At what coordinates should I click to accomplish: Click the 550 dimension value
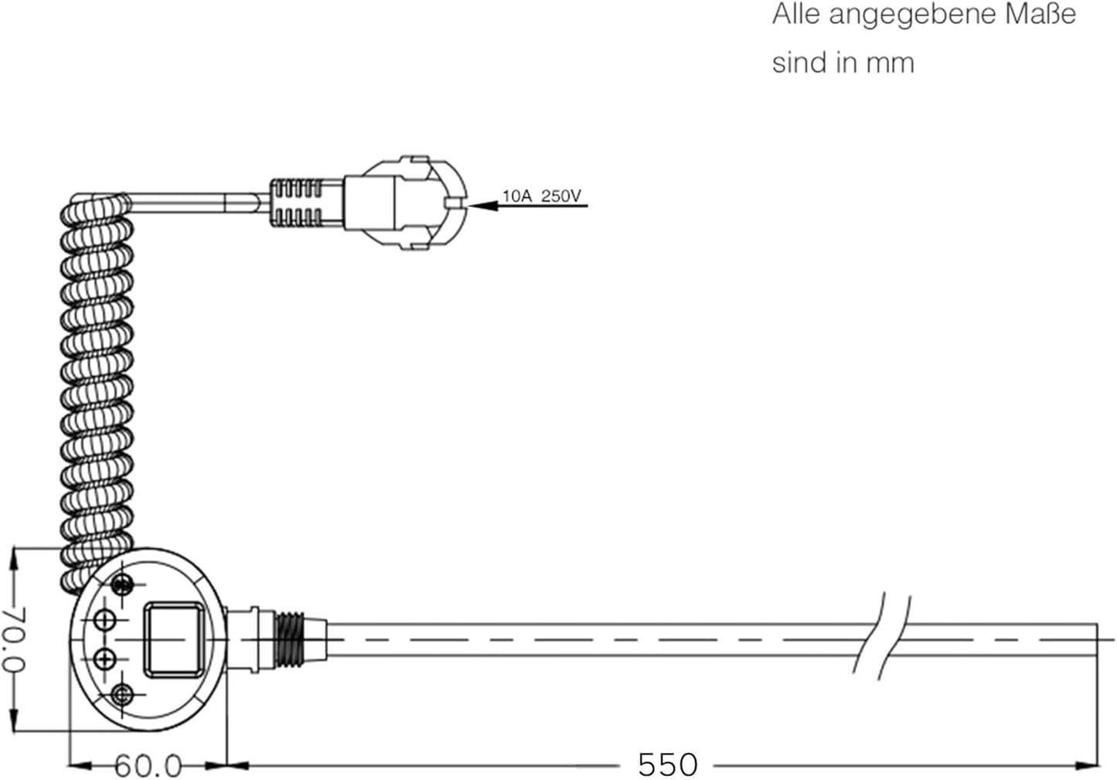coord(668,765)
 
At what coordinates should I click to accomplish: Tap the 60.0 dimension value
coord(148,766)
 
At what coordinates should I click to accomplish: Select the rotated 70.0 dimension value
coord(14,639)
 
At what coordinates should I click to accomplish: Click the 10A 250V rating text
coord(542,196)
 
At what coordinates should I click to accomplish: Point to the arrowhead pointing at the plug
coord(483,206)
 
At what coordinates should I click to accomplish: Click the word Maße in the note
coord(1040,15)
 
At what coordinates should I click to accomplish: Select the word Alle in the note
coord(796,15)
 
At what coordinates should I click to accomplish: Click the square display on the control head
coord(174,640)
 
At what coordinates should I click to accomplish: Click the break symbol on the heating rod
coord(882,637)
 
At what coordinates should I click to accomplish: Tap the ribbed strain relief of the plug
coord(296,203)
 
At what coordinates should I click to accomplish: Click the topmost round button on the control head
coord(121,584)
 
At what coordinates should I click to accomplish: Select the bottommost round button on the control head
coord(121,694)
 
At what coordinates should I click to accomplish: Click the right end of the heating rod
coord(1097,640)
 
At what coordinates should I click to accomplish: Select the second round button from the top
coord(104,621)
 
